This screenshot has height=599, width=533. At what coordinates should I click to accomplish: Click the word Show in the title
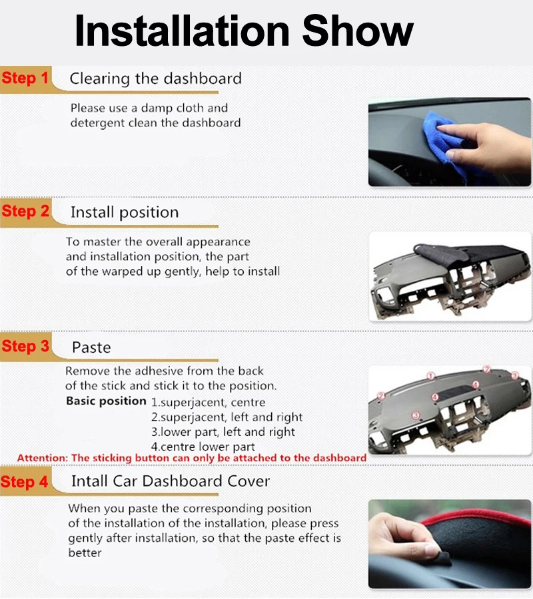click(358, 31)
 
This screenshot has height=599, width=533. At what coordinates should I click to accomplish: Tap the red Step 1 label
click(25, 78)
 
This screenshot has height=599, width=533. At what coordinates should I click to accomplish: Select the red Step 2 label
click(25, 211)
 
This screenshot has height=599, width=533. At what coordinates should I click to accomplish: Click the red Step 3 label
click(25, 346)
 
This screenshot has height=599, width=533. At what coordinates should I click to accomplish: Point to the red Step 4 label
click(25, 481)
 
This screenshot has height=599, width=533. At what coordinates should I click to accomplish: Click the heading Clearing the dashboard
click(155, 79)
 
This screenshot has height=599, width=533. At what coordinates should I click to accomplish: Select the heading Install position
click(125, 212)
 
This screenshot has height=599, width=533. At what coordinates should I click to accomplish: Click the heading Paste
click(91, 347)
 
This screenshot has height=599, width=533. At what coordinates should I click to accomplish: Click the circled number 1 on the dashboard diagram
click(431, 376)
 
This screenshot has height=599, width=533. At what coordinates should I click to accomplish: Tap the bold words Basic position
click(106, 401)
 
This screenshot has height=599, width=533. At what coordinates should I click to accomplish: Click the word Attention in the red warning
click(42, 458)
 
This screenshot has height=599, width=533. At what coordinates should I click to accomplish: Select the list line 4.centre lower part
click(203, 447)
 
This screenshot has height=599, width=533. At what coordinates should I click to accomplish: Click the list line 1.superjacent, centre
click(208, 402)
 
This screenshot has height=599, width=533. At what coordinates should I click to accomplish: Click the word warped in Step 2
click(125, 272)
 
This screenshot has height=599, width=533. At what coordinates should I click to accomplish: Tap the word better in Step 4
click(85, 553)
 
